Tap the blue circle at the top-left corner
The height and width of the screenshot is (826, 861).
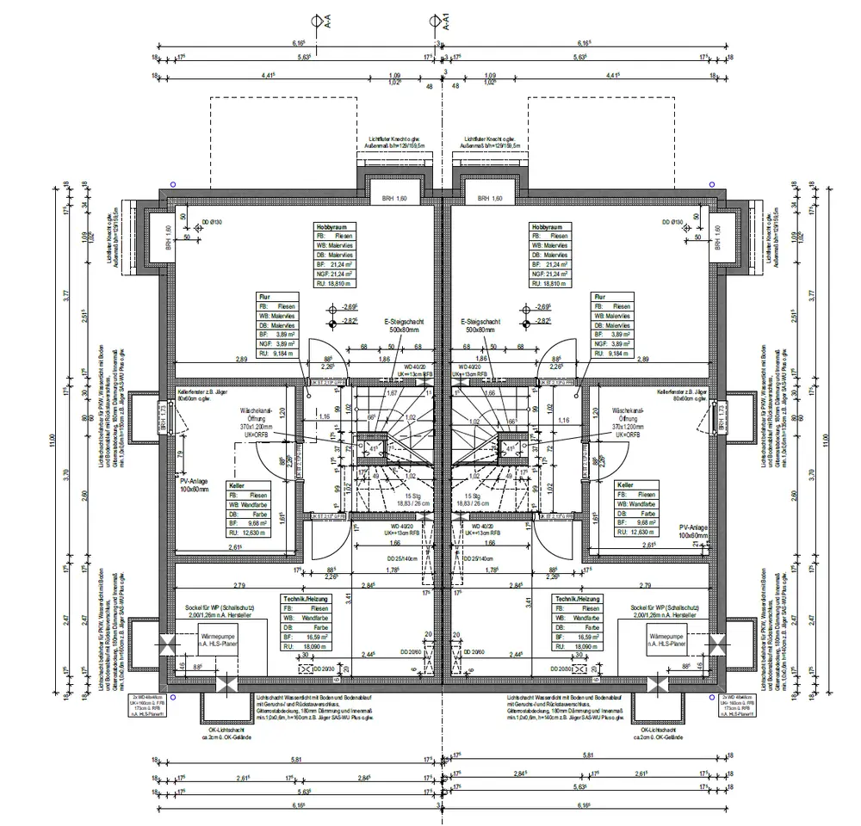coord(173,184)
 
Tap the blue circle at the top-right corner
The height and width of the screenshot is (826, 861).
coord(712,184)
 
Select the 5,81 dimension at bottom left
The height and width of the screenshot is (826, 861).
coord(296,757)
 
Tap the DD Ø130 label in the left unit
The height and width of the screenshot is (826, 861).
coord(212,222)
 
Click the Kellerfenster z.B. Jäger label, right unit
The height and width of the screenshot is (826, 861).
coord(682,394)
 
